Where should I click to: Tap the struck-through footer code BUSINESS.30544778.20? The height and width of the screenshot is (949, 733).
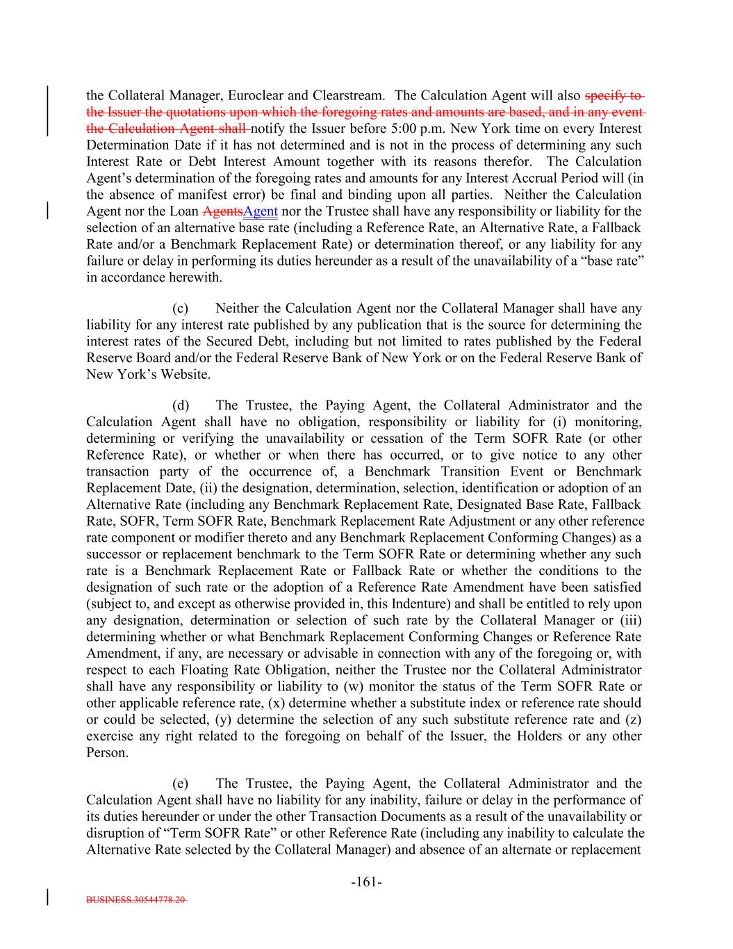point(136,899)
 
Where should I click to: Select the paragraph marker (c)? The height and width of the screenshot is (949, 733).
point(179,308)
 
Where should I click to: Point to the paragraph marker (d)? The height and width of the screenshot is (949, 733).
point(179,405)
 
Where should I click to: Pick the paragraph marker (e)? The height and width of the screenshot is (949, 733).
point(179,784)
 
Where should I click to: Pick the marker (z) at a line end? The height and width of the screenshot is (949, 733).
point(633,720)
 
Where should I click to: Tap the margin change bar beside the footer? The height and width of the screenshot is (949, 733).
point(47,896)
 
